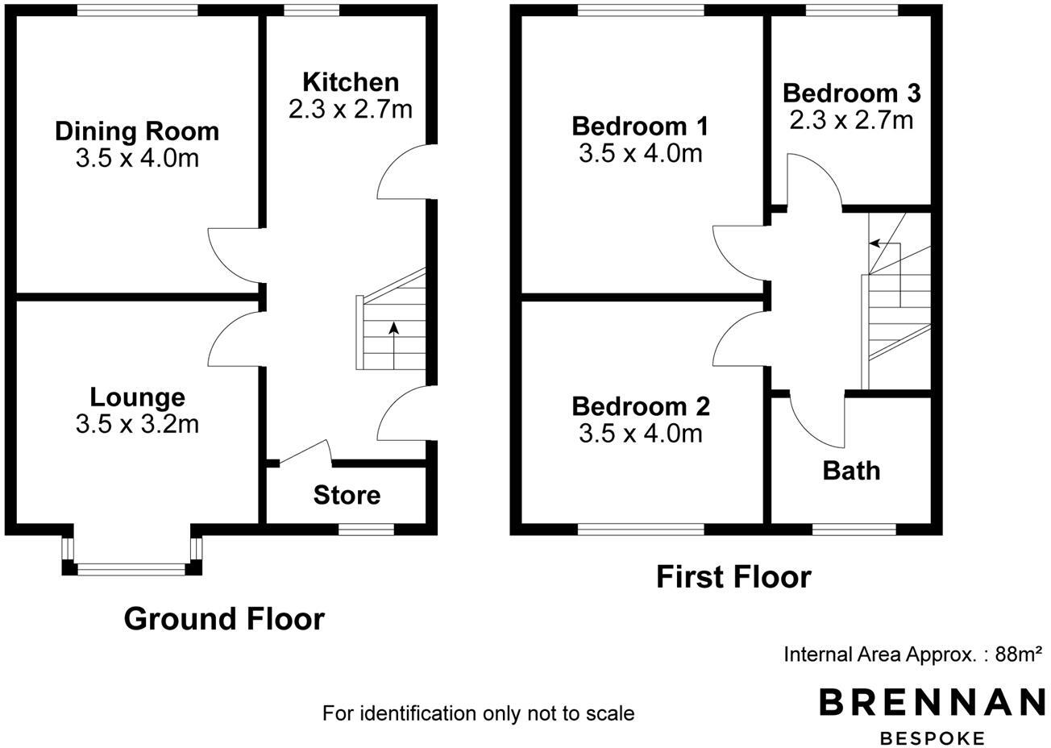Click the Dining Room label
pos(137,131)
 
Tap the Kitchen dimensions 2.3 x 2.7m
pos(350,109)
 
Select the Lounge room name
pos(137,397)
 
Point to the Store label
pos(347,494)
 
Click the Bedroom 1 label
pos(640,127)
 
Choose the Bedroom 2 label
pos(640,405)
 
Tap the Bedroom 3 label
pos(851,93)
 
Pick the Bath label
pos(851,470)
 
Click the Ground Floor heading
pos(224,619)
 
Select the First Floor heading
pos(733,577)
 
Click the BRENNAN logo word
pos(932,703)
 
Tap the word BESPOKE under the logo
pos(933,738)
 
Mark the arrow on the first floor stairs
pos(885,243)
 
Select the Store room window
pos(366,529)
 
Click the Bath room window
pos(854,530)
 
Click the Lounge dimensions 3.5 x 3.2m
pos(137,424)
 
